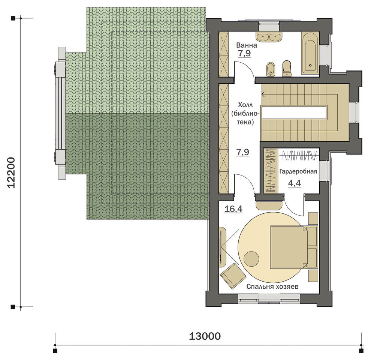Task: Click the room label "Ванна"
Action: coord(247,45)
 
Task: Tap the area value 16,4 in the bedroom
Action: coord(233,209)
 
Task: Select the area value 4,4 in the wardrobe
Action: coord(295,183)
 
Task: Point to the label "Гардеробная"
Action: coord(298,171)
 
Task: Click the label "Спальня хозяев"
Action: coord(272,287)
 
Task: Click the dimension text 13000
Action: coord(205,336)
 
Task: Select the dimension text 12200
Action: coord(11,172)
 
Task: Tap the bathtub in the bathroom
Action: coord(310,52)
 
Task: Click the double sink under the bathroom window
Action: coord(269,37)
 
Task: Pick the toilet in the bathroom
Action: coord(287,69)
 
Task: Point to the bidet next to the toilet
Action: coord(271,69)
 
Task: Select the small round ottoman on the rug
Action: coord(251,259)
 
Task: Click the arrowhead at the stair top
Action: coord(263,95)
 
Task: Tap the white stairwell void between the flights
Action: coord(294,112)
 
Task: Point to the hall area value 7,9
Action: coord(243,152)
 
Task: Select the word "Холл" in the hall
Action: coord(245,105)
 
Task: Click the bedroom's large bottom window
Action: coord(269,298)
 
